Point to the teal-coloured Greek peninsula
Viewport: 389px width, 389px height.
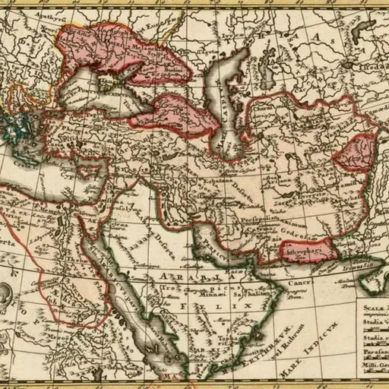(14, 122)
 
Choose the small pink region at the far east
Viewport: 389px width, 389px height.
(356, 152)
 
